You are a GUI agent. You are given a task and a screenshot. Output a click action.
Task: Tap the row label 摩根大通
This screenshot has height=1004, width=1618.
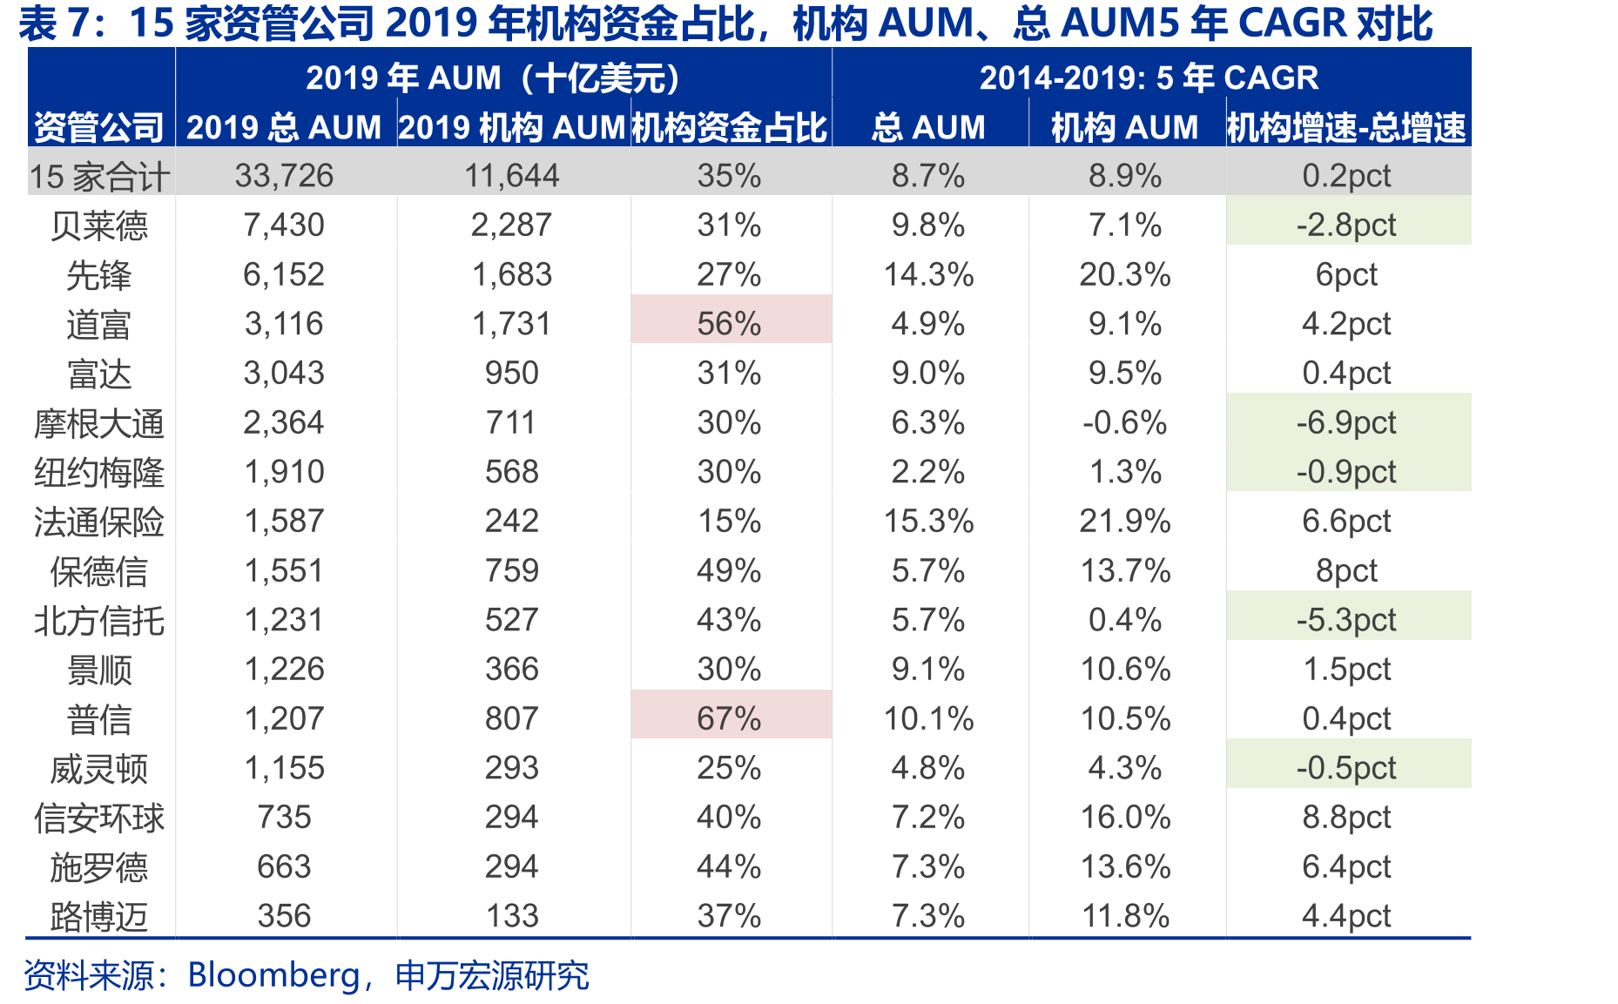(x=99, y=424)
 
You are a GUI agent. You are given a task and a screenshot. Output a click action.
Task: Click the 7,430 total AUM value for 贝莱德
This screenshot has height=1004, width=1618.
(x=284, y=226)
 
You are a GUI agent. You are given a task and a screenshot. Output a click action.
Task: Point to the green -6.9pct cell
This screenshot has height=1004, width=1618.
(x=1348, y=418)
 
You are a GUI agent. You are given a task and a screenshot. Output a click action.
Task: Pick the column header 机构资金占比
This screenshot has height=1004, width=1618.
(x=729, y=128)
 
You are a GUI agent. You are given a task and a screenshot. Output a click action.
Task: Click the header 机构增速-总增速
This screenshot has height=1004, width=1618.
(x=1347, y=128)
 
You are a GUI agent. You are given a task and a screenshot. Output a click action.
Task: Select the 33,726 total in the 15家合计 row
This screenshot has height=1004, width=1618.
(x=284, y=176)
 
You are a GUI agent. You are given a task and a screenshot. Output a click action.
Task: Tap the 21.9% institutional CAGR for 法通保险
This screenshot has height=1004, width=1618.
(x=1125, y=522)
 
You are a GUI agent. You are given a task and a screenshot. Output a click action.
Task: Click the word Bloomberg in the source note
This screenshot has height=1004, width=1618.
(x=273, y=975)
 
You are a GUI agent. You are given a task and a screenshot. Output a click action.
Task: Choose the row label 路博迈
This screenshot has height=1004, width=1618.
(x=99, y=917)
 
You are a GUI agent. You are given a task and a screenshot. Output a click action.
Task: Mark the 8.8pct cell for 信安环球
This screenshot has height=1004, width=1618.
(x=1346, y=818)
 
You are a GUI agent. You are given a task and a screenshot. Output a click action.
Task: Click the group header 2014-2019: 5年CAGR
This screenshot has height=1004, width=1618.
(x=1149, y=78)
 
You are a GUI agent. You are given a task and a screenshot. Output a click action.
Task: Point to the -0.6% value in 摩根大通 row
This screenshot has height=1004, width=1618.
(x=1125, y=423)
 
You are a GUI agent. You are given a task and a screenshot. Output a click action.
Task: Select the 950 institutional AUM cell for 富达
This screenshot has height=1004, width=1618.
(x=512, y=374)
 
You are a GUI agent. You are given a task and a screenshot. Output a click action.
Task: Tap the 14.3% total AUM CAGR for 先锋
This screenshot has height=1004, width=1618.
(x=928, y=275)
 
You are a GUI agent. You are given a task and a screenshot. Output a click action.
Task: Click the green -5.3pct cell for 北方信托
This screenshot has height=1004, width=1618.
(x=1348, y=616)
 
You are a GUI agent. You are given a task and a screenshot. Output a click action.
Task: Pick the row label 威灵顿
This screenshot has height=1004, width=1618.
(x=99, y=769)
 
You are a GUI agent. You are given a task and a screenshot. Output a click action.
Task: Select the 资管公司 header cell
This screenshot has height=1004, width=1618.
(x=99, y=128)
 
